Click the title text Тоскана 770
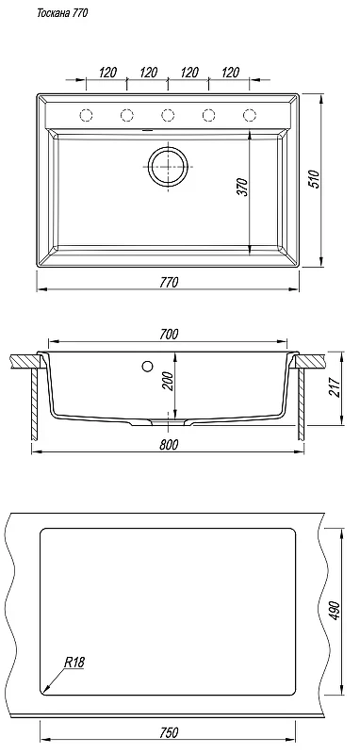[x=62, y=14]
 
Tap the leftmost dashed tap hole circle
[x=86, y=115]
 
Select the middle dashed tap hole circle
[x=168, y=115]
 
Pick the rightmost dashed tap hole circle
[x=250, y=115]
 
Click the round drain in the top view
[x=168, y=166]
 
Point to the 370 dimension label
[x=243, y=187]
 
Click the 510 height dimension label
[x=314, y=179]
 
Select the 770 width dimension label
[x=169, y=282]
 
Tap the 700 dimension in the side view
[x=169, y=334]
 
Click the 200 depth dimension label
[x=167, y=382]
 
